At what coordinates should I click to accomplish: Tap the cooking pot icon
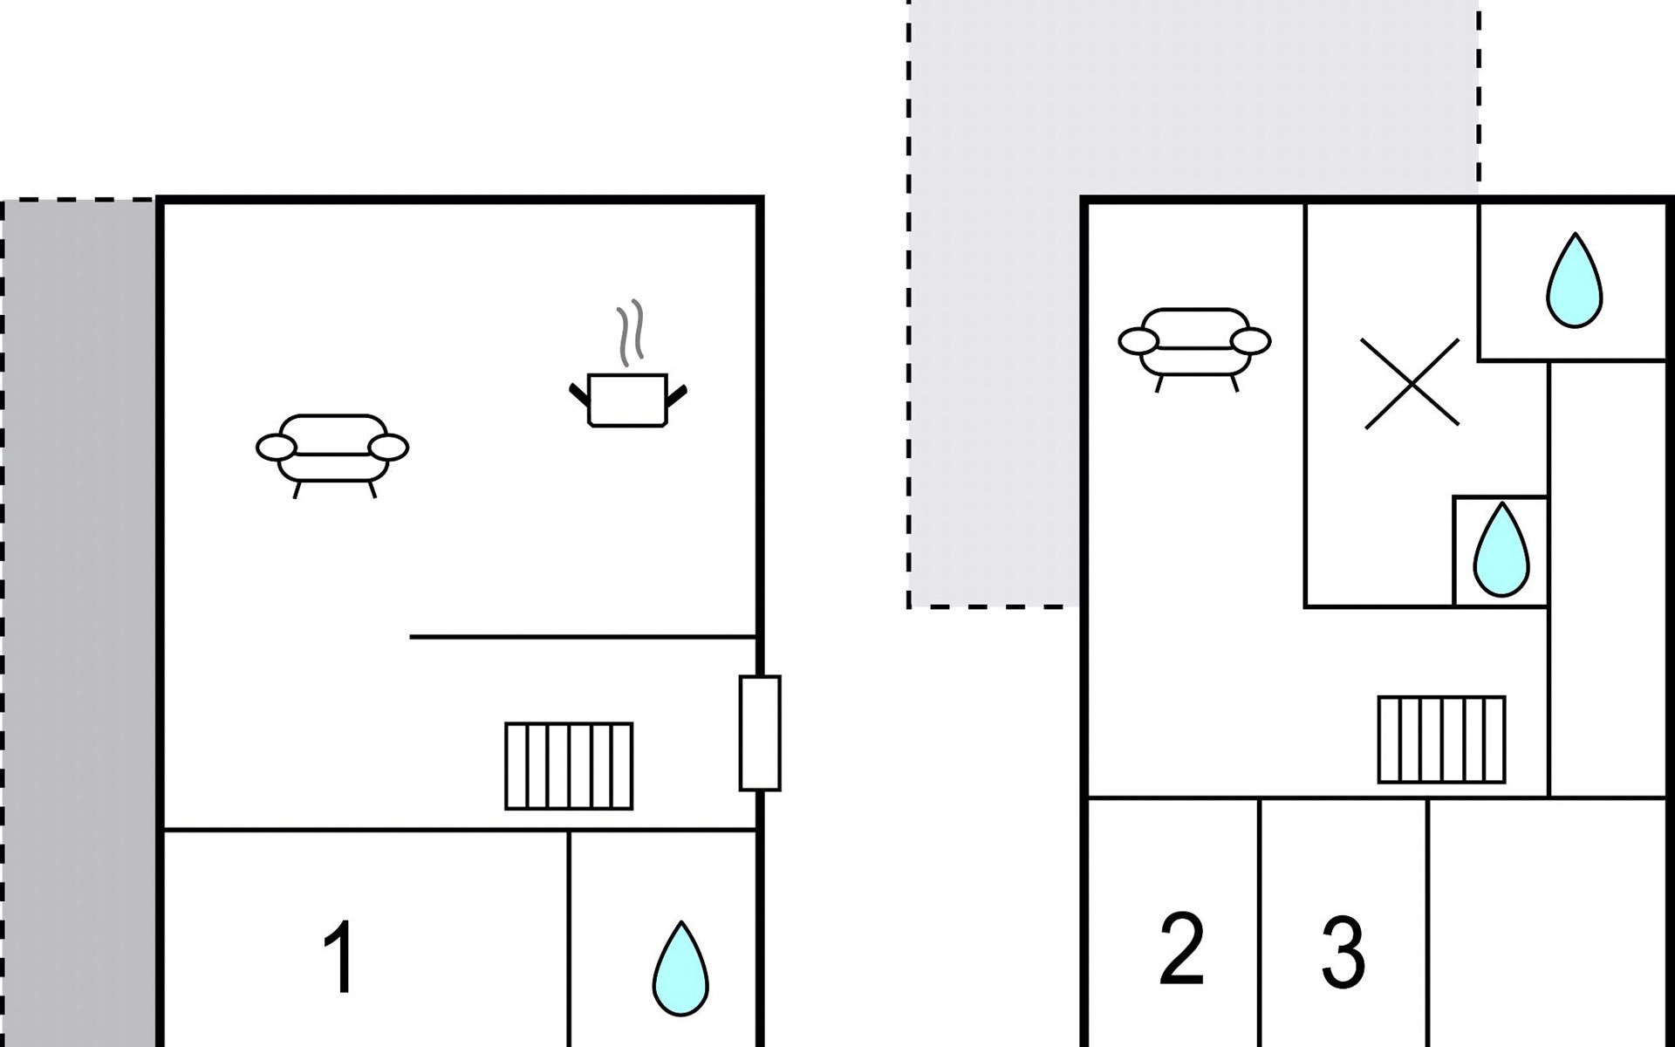[x=628, y=400]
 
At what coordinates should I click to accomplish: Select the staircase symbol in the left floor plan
[x=569, y=766]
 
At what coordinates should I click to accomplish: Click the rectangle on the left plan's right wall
[x=760, y=733]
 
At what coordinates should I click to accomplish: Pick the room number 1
[x=339, y=957]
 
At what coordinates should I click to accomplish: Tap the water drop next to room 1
[x=681, y=969]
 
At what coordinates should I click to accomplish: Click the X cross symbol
[x=1411, y=384]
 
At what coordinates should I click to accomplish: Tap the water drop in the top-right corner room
[x=1575, y=281]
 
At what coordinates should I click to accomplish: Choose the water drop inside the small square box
[x=1501, y=551]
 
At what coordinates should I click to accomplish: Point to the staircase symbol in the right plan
[x=1442, y=739]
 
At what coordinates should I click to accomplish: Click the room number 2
[x=1182, y=949]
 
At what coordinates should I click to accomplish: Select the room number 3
[x=1343, y=953]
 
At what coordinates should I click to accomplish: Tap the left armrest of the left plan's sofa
[x=276, y=448]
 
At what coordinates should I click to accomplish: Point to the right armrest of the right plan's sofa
[x=1251, y=341]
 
